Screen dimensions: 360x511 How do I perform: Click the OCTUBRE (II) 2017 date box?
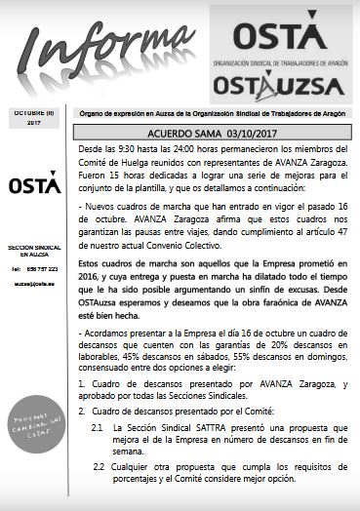coord(35,119)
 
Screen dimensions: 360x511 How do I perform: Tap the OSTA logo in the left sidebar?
coord(35,186)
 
